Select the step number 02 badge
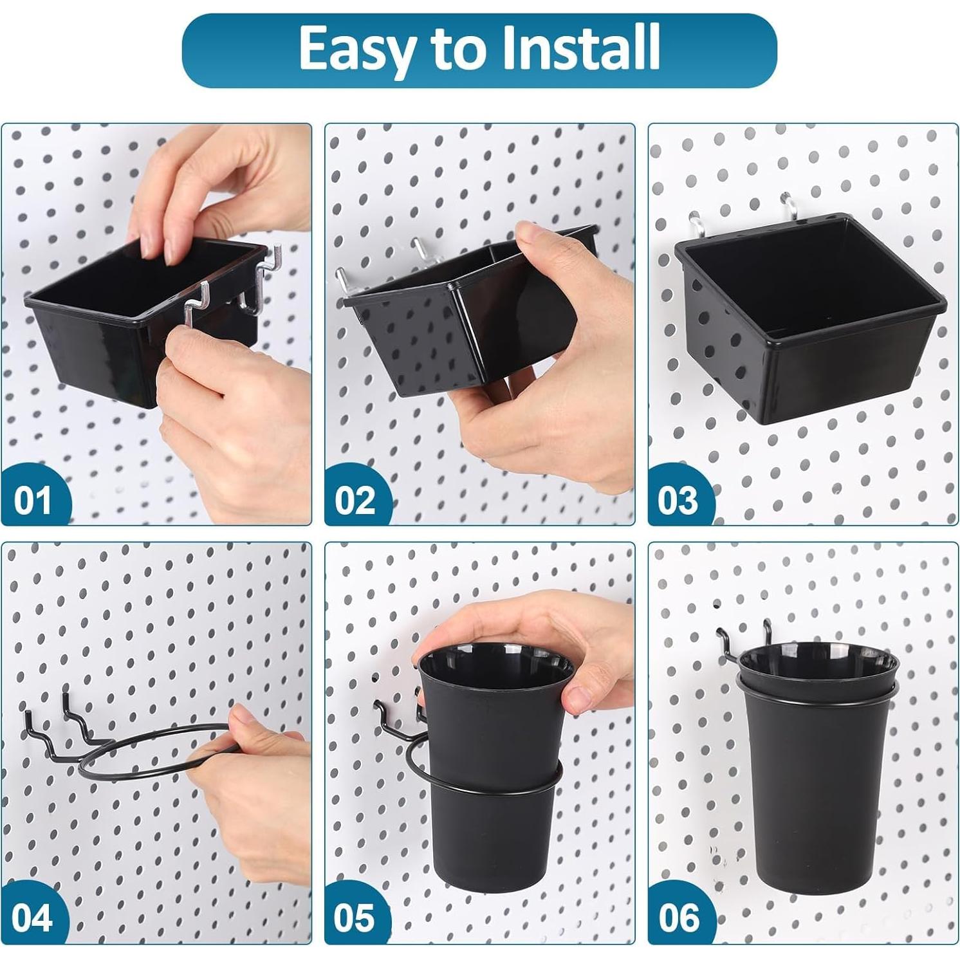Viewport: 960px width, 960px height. click(355, 500)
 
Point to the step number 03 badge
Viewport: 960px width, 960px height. click(678, 500)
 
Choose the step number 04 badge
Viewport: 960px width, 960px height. click(32, 918)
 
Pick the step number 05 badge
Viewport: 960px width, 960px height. click(354, 918)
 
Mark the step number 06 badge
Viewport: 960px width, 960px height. click(678, 918)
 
